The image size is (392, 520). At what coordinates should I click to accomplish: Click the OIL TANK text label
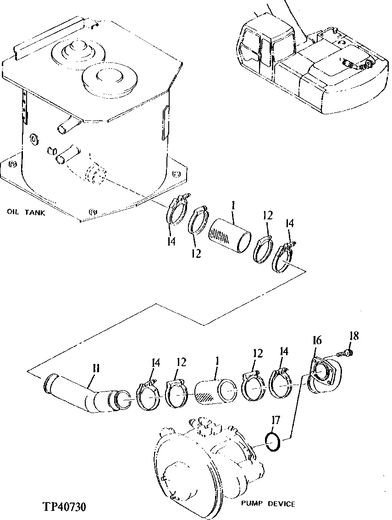26,212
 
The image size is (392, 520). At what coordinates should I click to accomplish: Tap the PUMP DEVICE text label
268,504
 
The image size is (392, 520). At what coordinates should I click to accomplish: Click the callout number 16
317,341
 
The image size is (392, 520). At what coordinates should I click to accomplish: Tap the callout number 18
353,336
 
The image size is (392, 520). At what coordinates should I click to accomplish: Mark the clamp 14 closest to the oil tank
176,212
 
